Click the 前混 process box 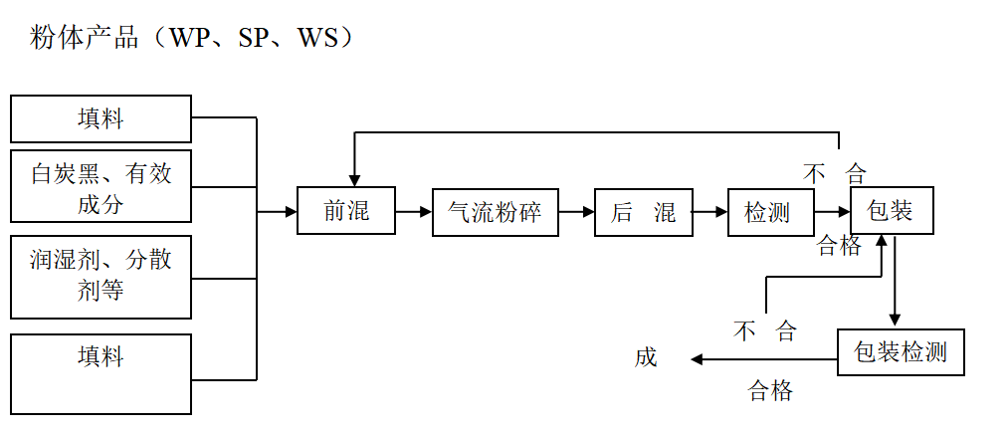(x=346, y=211)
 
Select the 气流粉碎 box (x=495, y=212)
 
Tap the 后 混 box (x=643, y=212)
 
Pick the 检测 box (x=769, y=211)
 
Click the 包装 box (x=892, y=210)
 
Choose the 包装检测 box (x=901, y=351)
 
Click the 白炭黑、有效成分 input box (x=101, y=186)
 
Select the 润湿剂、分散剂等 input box (x=101, y=277)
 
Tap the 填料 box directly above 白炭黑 (x=101, y=118)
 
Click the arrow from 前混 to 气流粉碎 (x=413, y=211)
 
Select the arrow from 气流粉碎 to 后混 (x=576, y=211)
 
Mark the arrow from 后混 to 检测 (x=710, y=211)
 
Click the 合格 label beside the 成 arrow (x=770, y=390)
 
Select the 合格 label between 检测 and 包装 (x=839, y=245)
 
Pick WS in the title (x=321, y=39)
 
